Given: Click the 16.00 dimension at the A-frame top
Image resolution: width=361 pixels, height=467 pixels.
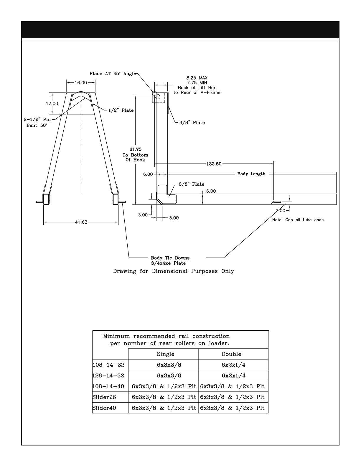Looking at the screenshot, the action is coord(81,83).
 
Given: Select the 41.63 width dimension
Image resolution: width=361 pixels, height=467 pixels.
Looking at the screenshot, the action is coord(81,222).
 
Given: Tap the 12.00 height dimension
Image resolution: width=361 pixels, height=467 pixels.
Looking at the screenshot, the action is coord(52,104).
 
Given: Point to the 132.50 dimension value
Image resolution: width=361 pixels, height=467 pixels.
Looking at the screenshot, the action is coord(214,164).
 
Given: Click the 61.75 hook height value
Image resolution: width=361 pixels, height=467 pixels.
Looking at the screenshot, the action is coord(135,149).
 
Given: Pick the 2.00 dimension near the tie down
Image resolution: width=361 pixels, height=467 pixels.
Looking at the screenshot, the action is coord(281,211).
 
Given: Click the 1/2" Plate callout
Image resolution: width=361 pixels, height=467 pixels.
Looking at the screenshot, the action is coord(121,110).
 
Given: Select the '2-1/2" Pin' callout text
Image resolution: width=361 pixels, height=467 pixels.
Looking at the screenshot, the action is coord(37,120).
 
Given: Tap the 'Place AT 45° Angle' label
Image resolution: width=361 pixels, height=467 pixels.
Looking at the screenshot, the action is coord(113,74).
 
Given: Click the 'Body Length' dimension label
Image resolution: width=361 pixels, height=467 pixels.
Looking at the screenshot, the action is coord(251,174).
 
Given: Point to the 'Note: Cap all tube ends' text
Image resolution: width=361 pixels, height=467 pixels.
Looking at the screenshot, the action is coord(299,220).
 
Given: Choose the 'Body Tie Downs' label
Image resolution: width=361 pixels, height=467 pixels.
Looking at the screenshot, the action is coord(170,258).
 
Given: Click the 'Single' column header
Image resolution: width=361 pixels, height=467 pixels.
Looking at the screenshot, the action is coord(166,354).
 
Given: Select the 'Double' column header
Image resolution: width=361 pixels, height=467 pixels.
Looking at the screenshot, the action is coord(231,354).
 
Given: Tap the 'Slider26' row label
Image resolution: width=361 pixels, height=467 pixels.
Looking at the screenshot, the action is coord(104,397).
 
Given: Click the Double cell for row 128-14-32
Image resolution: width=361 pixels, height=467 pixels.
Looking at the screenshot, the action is coord(233,376).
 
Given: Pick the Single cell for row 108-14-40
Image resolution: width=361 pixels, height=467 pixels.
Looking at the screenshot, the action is coord(164,386).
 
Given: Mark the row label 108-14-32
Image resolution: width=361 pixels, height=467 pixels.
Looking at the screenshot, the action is coord(108,365).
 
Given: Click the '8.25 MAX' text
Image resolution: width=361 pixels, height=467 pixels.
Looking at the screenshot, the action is coord(197,78).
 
